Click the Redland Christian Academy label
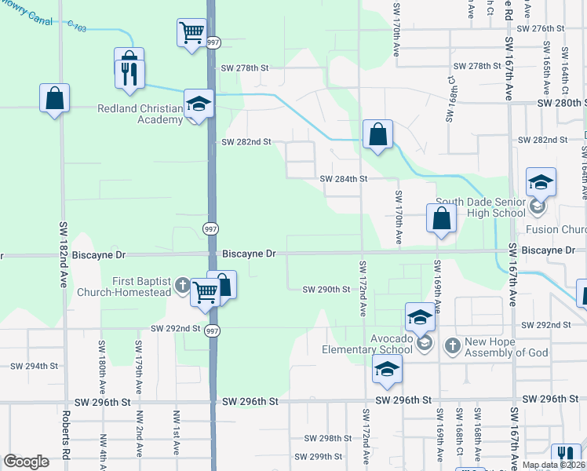[140, 115]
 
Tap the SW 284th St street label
[344, 179]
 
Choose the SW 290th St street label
[326, 290]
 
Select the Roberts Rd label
[67, 440]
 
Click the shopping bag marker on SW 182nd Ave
[54, 99]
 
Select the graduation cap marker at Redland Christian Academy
[199, 104]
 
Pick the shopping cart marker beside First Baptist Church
[205, 292]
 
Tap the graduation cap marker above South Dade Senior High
[541, 183]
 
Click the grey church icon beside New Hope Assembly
[452, 345]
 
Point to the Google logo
[26, 462]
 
